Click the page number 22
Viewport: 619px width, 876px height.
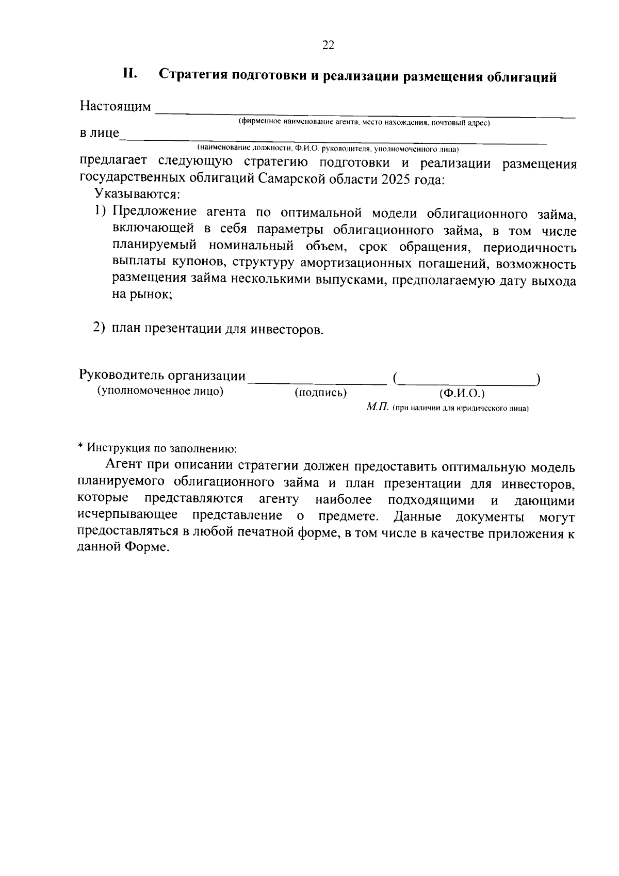point(328,45)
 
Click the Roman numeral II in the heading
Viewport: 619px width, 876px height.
point(129,74)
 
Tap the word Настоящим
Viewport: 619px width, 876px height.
point(115,107)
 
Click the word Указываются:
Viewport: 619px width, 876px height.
point(137,195)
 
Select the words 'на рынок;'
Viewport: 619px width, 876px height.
point(142,295)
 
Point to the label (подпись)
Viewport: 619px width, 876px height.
point(320,393)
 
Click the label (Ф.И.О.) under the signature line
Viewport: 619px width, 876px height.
point(462,394)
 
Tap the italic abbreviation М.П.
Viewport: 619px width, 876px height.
point(377,408)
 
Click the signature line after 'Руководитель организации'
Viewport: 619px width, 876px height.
point(317,381)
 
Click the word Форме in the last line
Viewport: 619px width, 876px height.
point(145,547)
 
